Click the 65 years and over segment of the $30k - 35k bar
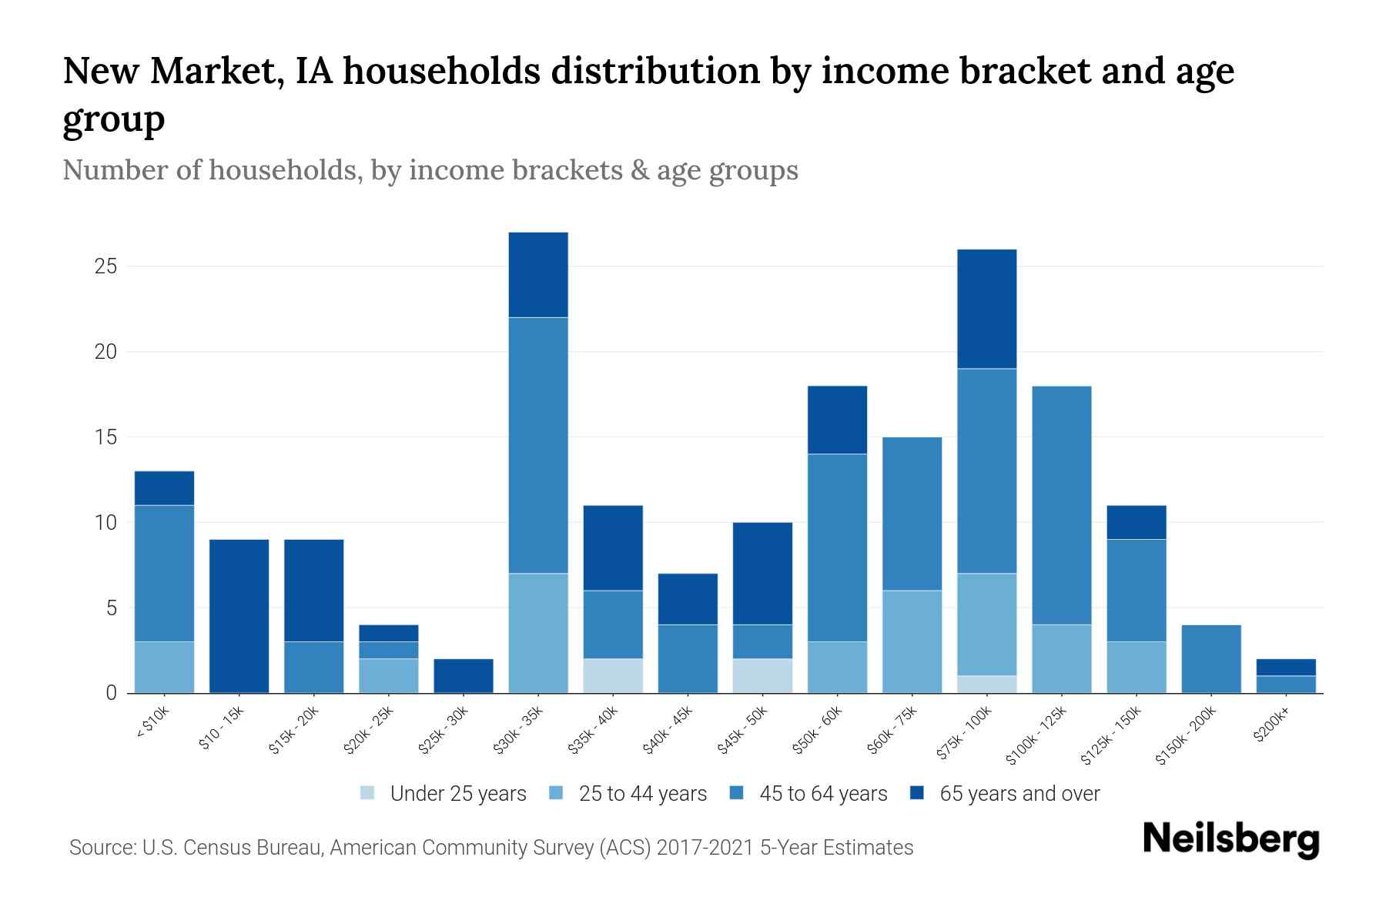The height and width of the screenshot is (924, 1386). (x=538, y=275)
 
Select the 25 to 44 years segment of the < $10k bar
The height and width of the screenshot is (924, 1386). (x=164, y=667)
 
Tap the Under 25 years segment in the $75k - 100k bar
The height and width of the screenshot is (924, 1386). (x=986, y=684)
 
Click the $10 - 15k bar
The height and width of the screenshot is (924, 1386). (x=239, y=616)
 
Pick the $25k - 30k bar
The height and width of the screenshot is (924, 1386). (x=464, y=675)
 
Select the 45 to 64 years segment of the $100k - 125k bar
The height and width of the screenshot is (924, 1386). (x=1061, y=505)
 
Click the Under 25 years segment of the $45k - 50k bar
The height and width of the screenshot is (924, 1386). (x=762, y=675)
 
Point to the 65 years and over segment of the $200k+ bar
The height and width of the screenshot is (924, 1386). (x=1286, y=667)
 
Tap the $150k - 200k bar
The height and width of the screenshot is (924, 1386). (x=1211, y=658)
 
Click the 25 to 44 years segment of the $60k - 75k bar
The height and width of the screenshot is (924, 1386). (x=912, y=641)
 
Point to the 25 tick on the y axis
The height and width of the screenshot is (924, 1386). (x=105, y=267)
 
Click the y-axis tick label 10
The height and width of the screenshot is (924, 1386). (x=105, y=523)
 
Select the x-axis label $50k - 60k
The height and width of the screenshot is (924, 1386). (x=819, y=730)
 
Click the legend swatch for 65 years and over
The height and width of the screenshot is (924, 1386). (x=917, y=793)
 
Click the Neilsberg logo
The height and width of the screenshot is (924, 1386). (x=1230, y=840)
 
